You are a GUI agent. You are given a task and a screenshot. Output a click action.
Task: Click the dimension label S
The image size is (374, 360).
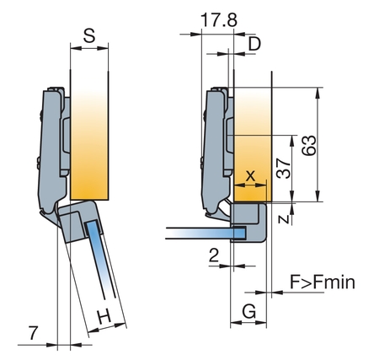click(x=89, y=35)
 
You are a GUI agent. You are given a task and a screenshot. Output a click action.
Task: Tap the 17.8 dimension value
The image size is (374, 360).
click(x=219, y=19)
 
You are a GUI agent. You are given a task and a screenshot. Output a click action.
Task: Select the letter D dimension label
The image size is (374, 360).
click(x=254, y=44)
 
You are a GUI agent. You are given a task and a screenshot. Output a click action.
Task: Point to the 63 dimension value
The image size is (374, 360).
click(x=309, y=145)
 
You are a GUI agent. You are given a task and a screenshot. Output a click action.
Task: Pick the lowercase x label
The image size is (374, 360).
click(x=250, y=176)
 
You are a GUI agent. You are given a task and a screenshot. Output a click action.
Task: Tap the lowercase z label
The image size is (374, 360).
click(x=285, y=218)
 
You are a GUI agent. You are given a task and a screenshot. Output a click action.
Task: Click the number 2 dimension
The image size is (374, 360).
click(x=214, y=255)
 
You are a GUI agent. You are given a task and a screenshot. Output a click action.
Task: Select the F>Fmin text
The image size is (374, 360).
click(x=323, y=282)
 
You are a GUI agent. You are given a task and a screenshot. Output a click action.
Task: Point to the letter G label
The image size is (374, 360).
click(x=249, y=311)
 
